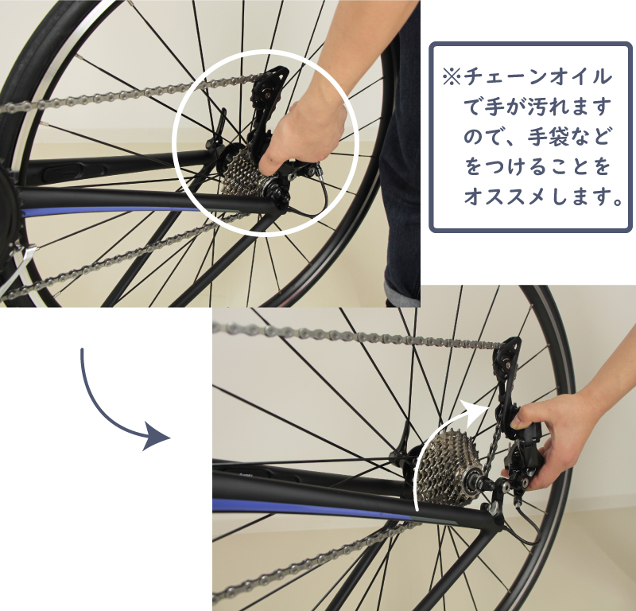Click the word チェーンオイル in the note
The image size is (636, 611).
tap(537, 77)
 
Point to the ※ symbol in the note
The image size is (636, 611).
tap(452, 77)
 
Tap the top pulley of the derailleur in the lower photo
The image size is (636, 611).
tap(504, 360)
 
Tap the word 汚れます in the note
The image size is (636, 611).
tap(568, 107)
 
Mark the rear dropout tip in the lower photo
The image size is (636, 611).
tap(494, 508)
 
